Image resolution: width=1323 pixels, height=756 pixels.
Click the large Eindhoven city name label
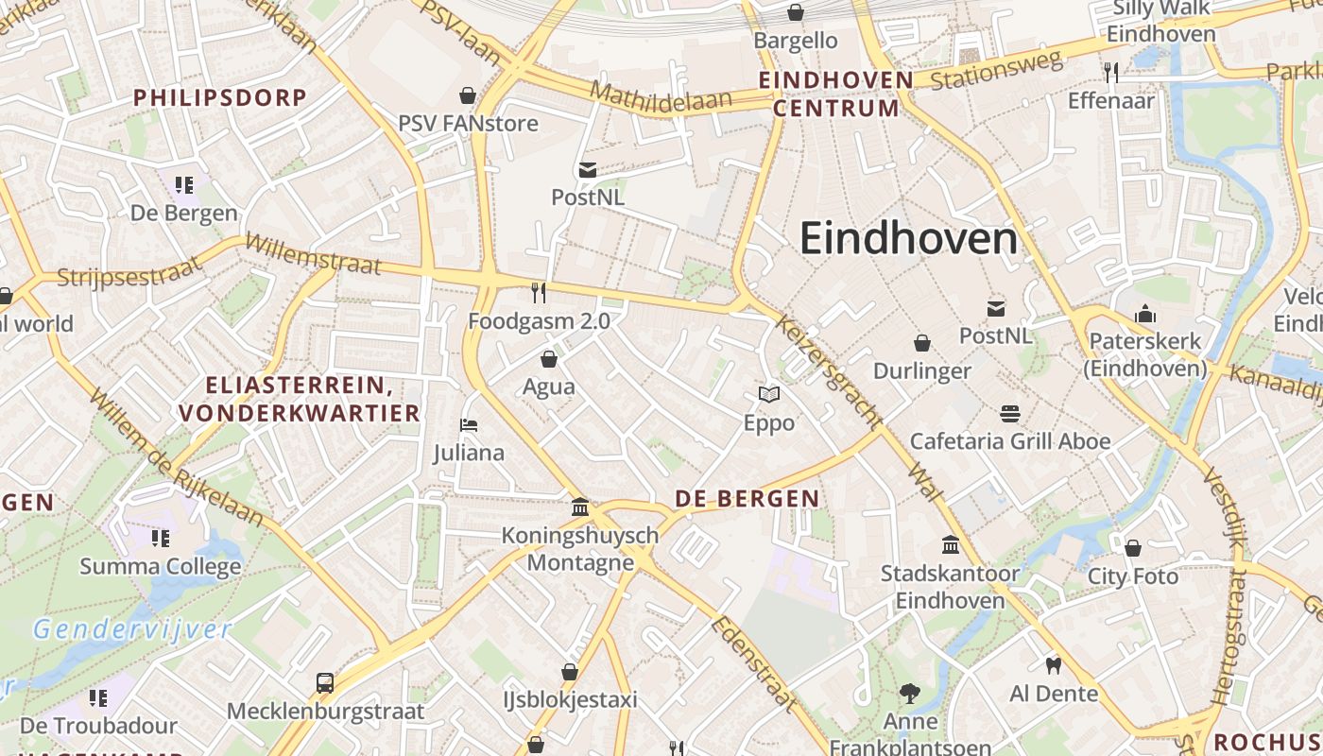pos(908,239)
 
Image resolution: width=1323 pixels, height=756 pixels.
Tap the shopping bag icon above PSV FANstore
pos(467,95)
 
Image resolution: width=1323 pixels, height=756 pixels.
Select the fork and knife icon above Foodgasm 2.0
pos(539,293)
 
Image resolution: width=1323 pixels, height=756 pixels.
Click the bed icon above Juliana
pos(469,425)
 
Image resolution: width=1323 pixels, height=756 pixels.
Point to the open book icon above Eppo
pos(769,395)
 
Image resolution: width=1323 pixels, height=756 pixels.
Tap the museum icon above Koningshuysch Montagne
pos(580,507)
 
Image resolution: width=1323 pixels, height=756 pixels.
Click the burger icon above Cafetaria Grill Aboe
pos(1010,413)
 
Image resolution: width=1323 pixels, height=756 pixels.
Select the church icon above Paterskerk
pos(1145,314)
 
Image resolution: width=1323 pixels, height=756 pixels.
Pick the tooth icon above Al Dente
pos(1054,665)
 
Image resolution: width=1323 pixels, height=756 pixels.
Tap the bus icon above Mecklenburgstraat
pos(325,682)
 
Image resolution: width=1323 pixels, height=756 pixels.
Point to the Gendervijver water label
pos(131,629)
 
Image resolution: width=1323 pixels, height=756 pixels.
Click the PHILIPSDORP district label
pos(219,97)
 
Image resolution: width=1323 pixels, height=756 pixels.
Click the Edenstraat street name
pos(756,663)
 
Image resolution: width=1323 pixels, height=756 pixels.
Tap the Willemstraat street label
pos(312,255)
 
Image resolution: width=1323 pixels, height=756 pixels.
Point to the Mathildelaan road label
pos(661,97)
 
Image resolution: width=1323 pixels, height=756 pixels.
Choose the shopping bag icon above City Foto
pos(1133,548)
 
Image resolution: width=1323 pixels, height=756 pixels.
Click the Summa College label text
pos(161,567)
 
